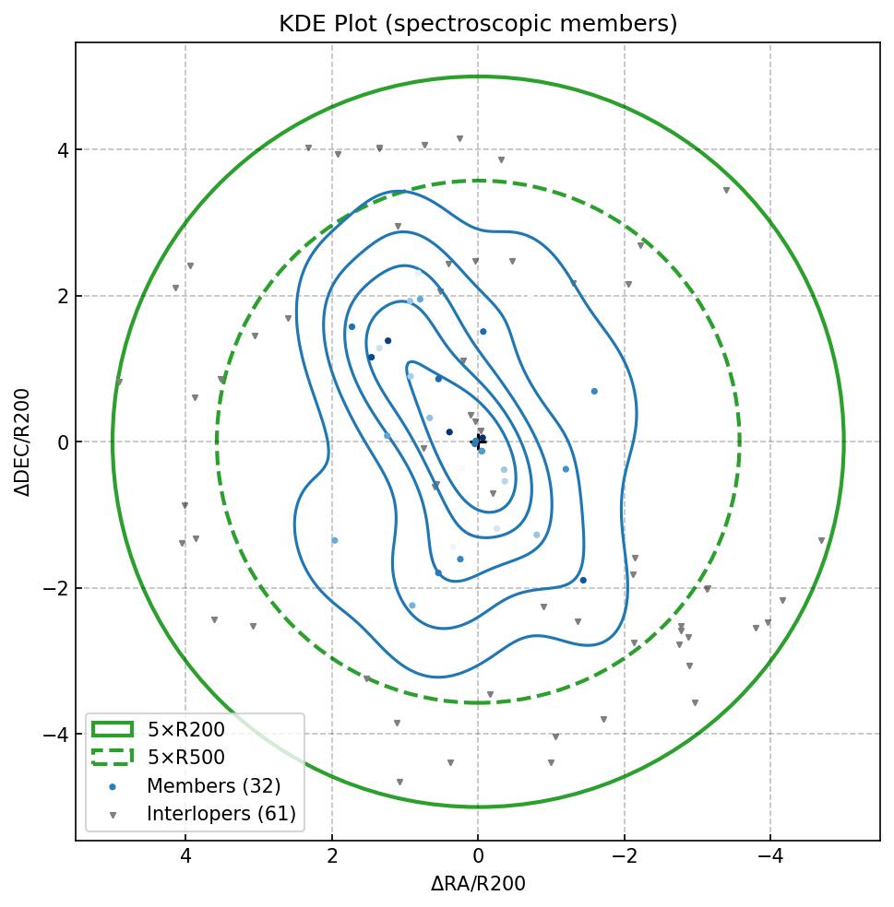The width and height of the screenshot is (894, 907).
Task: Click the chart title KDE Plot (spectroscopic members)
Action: (478, 24)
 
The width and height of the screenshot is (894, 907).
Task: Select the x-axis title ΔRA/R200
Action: (478, 884)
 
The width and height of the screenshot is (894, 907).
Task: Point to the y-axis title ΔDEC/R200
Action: (23, 442)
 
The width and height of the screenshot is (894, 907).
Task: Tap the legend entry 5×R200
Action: (185, 730)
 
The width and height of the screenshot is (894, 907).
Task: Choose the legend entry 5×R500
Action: (185, 758)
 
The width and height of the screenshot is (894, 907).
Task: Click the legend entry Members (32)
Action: (213, 786)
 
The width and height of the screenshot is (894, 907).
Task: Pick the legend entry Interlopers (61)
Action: (221, 814)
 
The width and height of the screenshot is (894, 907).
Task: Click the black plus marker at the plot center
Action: (479, 441)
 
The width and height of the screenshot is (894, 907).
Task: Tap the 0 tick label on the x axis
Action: (478, 856)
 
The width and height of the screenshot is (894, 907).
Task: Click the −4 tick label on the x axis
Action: (770, 856)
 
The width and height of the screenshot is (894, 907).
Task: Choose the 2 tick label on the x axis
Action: (332, 856)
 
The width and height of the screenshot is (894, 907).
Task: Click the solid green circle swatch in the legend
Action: (113, 730)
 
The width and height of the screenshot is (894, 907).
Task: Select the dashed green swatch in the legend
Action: (113, 758)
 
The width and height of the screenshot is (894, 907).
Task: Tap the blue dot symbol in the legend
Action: (113, 787)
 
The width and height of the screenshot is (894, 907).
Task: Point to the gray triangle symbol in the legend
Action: (113, 815)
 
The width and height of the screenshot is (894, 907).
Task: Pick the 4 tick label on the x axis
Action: (185, 856)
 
